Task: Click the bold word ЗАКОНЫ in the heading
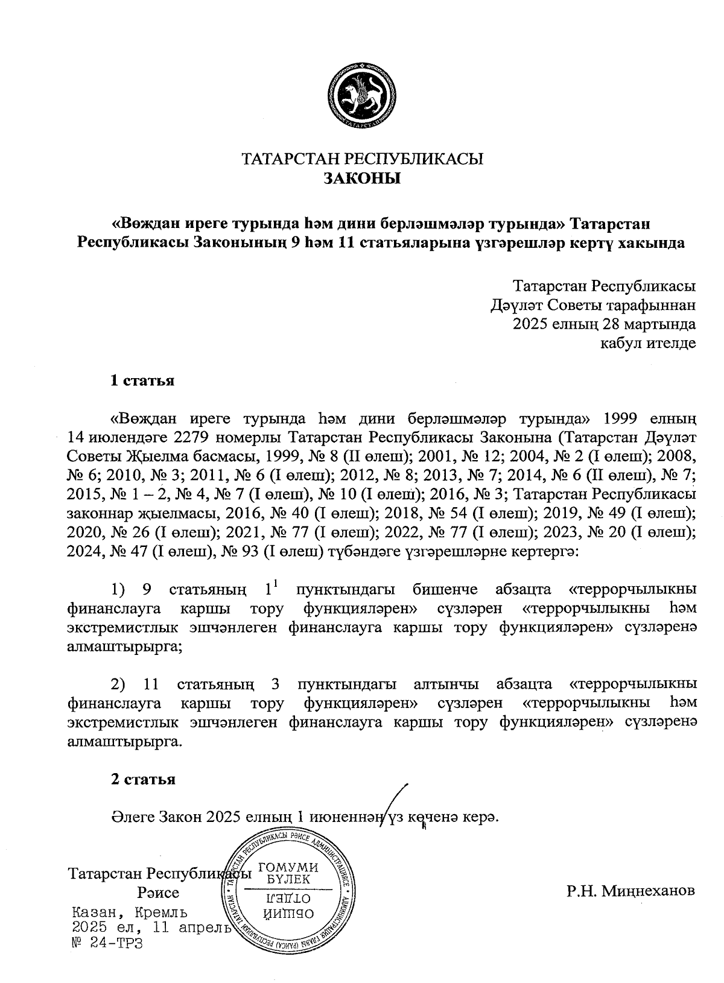click(x=362, y=179)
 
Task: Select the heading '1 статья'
click(x=142, y=381)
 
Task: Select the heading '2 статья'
click(x=142, y=779)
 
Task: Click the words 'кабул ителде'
click(x=647, y=344)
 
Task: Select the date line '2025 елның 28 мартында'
click(x=604, y=324)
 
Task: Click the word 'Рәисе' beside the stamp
click(x=158, y=893)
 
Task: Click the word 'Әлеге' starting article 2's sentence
click(x=132, y=817)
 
